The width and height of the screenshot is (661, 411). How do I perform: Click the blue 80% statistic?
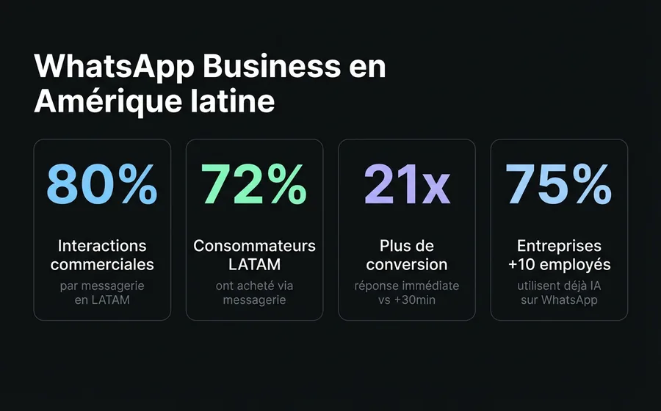click(102, 185)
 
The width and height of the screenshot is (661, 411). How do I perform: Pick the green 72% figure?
click(254, 185)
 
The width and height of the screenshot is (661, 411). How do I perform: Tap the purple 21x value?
click(407, 185)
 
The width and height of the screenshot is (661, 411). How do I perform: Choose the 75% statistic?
click(559, 185)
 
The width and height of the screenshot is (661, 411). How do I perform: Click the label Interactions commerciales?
click(102, 255)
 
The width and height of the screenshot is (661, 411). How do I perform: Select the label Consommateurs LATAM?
click(254, 255)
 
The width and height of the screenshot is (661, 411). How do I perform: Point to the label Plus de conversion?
click(407, 255)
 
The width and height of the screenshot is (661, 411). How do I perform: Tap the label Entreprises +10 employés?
click(559, 255)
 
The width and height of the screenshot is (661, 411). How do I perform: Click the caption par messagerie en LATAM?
click(102, 292)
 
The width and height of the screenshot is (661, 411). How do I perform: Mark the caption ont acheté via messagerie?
click(254, 292)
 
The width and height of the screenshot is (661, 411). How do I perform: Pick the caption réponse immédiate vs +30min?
click(407, 292)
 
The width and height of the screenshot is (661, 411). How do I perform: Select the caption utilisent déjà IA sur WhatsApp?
click(559, 292)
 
